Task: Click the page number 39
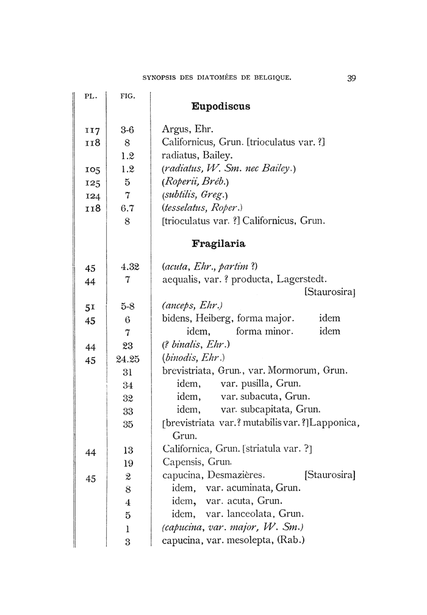click(351, 78)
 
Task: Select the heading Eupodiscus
click(220, 107)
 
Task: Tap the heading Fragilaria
click(218, 244)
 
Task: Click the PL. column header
click(89, 96)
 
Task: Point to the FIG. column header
click(127, 96)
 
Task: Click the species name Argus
click(176, 130)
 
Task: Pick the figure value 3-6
click(127, 130)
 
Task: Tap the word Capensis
click(182, 462)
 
